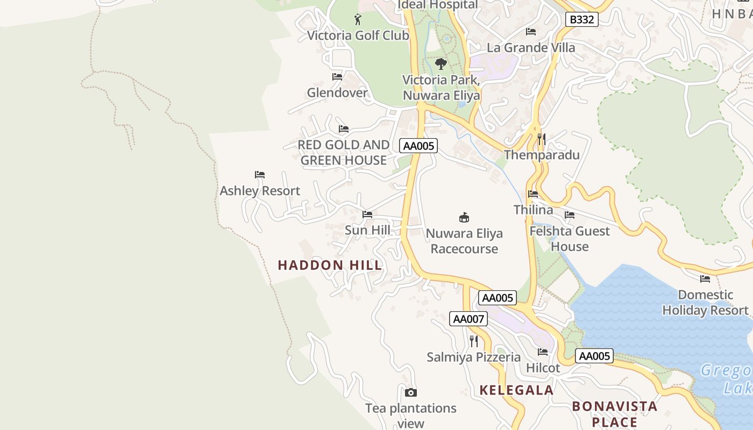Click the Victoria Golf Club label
tap(358, 35)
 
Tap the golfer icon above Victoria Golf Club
tap(358, 20)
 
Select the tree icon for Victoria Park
tap(441, 64)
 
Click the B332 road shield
tap(582, 20)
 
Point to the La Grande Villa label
tap(530, 47)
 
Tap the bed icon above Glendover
tap(337, 77)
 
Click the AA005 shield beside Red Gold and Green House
tap(418, 146)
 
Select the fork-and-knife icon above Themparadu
tap(541, 139)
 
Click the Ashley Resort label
tap(260, 191)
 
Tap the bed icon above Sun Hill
tap(367, 214)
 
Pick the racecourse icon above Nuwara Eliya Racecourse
tap(464, 217)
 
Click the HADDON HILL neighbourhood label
tap(330, 265)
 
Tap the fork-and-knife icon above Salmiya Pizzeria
tap(473, 341)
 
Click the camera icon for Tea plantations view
tap(411, 392)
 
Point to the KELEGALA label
tap(516, 390)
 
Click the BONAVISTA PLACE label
tap(614, 413)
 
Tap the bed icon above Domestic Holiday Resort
tap(705, 278)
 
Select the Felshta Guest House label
tap(570, 239)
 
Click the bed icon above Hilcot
tap(543, 352)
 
